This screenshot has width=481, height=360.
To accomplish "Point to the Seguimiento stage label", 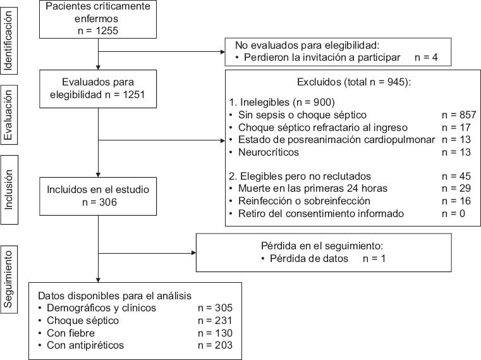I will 9,279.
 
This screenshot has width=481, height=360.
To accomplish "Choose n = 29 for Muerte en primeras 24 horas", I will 456,189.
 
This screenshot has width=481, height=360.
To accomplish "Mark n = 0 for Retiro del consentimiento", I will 454,213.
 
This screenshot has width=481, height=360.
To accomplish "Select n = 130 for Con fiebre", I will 215,332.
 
